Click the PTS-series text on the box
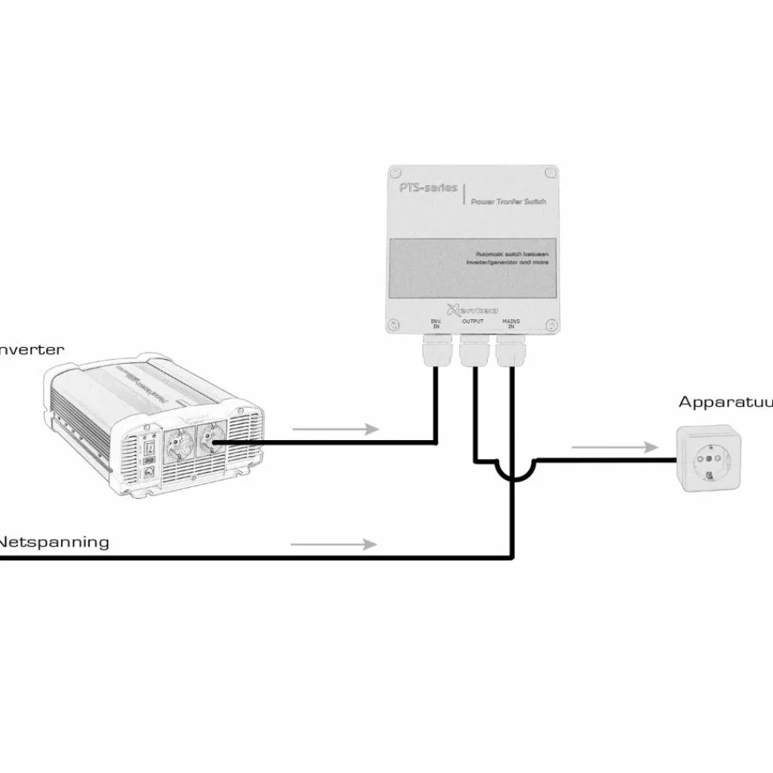pyautogui.click(x=429, y=187)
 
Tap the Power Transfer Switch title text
pyautogui.click(x=503, y=202)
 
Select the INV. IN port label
pyautogui.click(x=436, y=324)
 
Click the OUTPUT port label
pyautogui.click(x=473, y=322)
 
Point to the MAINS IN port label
pyautogui.click(x=511, y=324)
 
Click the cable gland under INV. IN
pyautogui.click(x=436, y=351)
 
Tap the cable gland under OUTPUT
pyautogui.click(x=474, y=351)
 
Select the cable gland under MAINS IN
pyautogui.click(x=511, y=351)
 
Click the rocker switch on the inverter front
pyautogui.click(x=147, y=453)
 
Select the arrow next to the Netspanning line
pyautogui.click(x=333, y=544)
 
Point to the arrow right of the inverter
pyautogui.click(x=334, y=430)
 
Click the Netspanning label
pyautogui.click(x=54, y=542)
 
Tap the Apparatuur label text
pyautogui.click(x=725, y=402)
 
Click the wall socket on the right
pyautogui.click(x=707, y=459)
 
